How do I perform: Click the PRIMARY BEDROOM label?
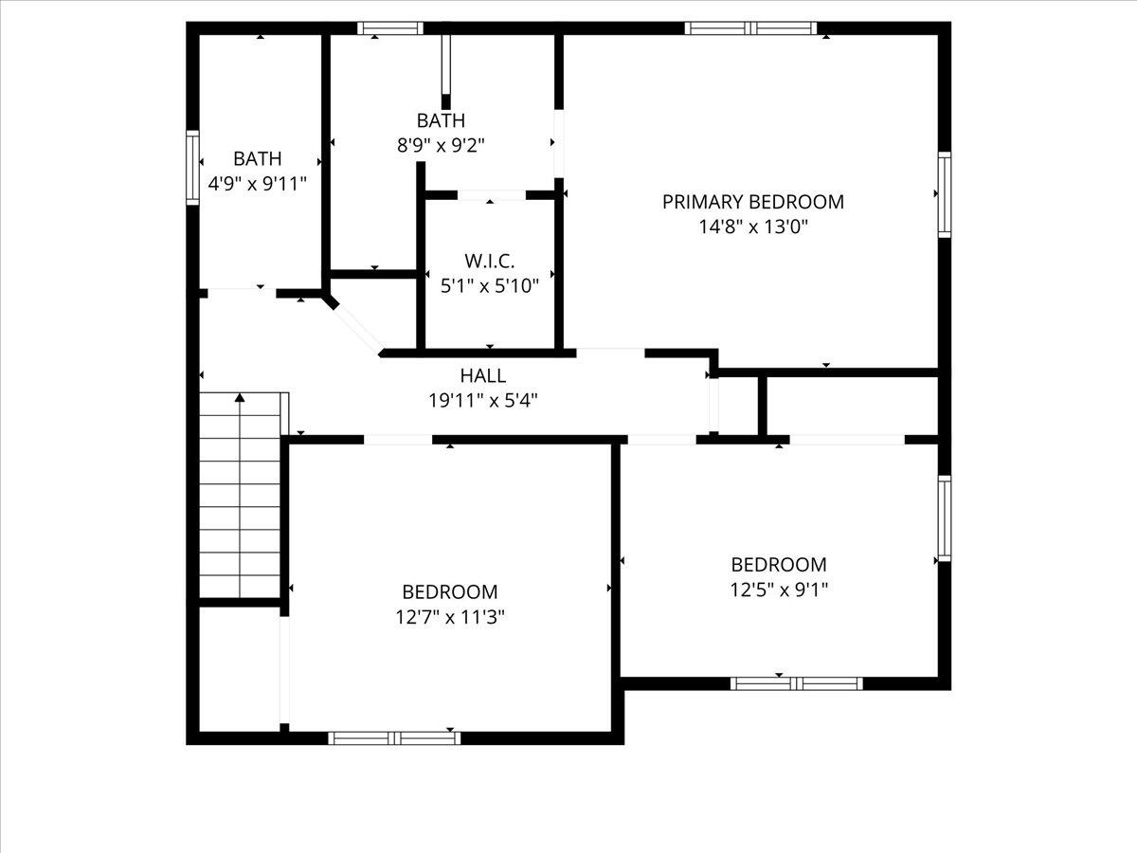click(x=752, y=202)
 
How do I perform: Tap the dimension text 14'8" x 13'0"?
click(x=752, y=227)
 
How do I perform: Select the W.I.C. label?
click(x=490, y=261)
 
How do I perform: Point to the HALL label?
click(x=483, y=376)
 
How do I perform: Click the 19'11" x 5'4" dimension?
click(x=483, y=400)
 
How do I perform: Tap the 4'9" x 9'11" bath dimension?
click(x=258, y=184)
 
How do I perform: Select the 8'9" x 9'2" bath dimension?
click(x=441, y=145)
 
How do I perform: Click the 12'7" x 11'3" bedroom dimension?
click(x=450, y=617)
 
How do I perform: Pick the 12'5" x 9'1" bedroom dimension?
click(x=779, y=590)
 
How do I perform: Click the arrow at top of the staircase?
click(x=240, y=398)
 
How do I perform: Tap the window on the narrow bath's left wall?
click(x=192, y=168)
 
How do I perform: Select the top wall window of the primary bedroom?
click(x=750, y=28)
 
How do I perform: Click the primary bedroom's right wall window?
click(x=944, y=193)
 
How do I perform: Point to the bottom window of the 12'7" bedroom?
click(x=394, y=737)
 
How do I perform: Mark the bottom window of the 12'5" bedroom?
click(x=796, y=682)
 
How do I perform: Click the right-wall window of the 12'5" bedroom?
click(x=944, y=518)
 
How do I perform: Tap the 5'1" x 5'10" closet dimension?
click(x=490, y=285)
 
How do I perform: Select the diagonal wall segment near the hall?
click(x=355, y=325)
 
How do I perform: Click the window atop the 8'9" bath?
click(x=389, y=28)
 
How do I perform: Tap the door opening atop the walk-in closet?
click(x=491, y=195)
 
